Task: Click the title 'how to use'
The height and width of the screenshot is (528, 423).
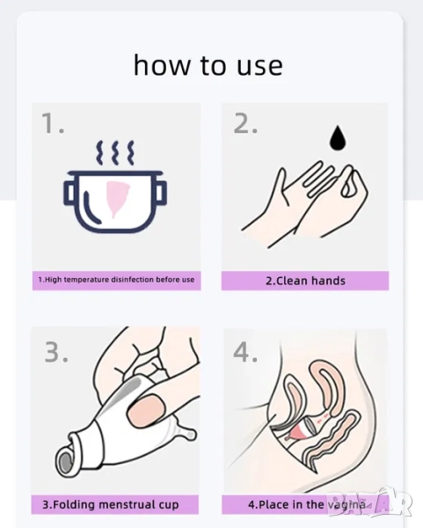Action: point(208,64)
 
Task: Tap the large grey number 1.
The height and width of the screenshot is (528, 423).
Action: point(53,123)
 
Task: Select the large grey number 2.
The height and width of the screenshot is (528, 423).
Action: point(245,123)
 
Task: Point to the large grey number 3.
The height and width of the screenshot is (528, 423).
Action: point(56,352)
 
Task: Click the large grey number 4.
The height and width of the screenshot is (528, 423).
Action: point(245,352)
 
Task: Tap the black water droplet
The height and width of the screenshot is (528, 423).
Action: point(338,138)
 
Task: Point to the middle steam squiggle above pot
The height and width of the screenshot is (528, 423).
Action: point(115,152)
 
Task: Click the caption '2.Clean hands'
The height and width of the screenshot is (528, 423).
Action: point(305,281)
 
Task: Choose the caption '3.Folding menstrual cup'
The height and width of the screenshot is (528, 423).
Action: point(111,505)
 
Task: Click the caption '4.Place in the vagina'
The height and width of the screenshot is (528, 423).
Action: point(307,505)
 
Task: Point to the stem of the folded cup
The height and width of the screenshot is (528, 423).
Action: point(186,431)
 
